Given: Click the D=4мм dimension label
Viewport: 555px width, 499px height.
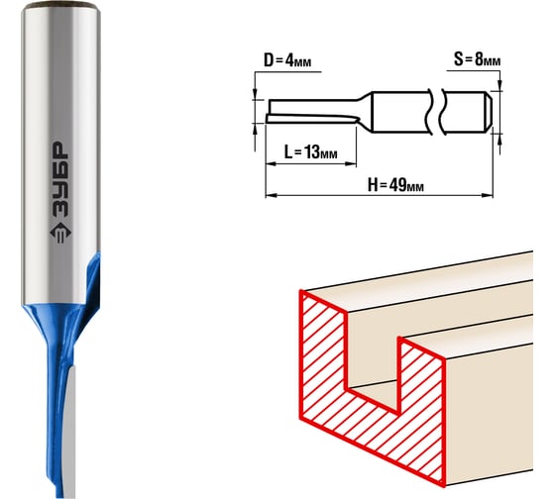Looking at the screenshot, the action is tap(287, 60).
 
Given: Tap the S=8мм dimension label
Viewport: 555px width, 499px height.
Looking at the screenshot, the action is tap(477, 59).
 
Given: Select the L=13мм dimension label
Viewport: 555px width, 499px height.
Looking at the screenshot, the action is tap(311, 152).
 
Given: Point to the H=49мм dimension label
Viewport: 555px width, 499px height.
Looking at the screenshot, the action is tap(395, 184).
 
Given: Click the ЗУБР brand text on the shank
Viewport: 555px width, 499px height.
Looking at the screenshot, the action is tap(59, 179).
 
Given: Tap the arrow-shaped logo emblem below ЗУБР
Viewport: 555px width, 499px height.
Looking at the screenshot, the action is tap(60, 233).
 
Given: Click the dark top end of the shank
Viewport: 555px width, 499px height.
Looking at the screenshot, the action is tap(60, 5).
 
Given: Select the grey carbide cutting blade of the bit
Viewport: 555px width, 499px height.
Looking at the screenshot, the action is tap(70, 432).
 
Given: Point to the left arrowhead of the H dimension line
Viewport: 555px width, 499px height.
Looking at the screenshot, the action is tap(271, 195).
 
